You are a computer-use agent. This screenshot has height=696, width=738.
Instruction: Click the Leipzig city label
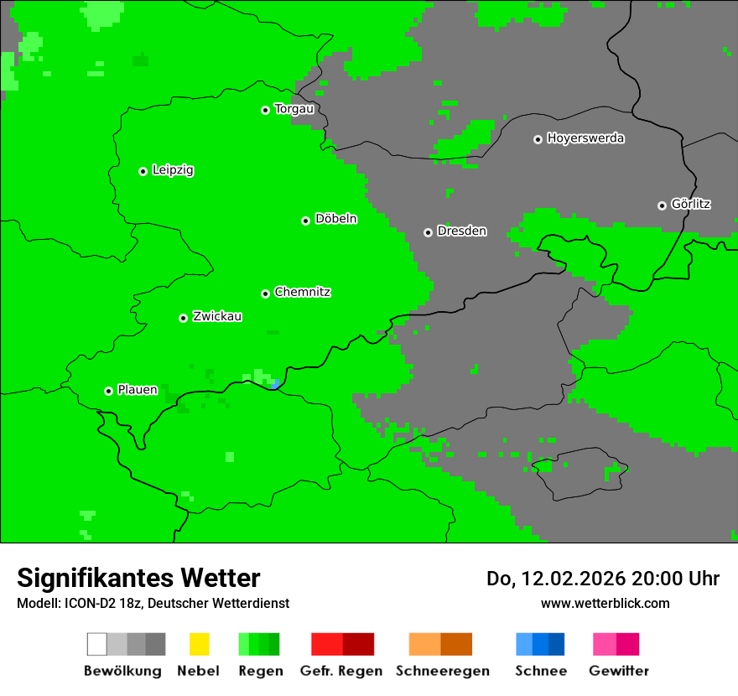[173, 170]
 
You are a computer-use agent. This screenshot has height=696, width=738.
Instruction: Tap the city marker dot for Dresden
[428, 232]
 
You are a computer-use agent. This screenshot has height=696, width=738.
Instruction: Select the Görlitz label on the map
[691, 204]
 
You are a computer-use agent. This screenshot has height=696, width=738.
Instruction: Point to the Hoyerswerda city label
[585, 138]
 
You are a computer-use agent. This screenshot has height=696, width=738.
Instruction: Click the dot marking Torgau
[265, 110]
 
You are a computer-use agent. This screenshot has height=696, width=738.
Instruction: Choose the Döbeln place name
[335, 219]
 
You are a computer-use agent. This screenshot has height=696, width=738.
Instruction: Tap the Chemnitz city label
[302, 293]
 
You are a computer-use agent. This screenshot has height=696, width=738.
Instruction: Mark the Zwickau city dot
[183, 318]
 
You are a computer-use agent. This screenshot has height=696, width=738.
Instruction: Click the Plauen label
[138, 390]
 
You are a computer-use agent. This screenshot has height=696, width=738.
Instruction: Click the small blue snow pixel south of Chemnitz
[276, 384]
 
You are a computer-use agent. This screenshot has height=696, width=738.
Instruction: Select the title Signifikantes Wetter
[138, 579]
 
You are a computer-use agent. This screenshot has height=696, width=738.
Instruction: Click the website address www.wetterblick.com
[605, 603]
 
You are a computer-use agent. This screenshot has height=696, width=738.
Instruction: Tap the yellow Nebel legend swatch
[199, 644]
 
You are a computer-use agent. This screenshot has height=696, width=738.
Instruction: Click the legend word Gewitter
[619, 671]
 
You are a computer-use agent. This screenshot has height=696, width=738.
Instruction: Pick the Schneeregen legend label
[442, 671]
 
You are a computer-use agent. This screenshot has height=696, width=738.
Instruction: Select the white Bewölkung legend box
[97, 644]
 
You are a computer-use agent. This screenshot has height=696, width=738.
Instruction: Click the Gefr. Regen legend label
[340, 671]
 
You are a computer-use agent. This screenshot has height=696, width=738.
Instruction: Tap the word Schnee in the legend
[541, 671]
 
